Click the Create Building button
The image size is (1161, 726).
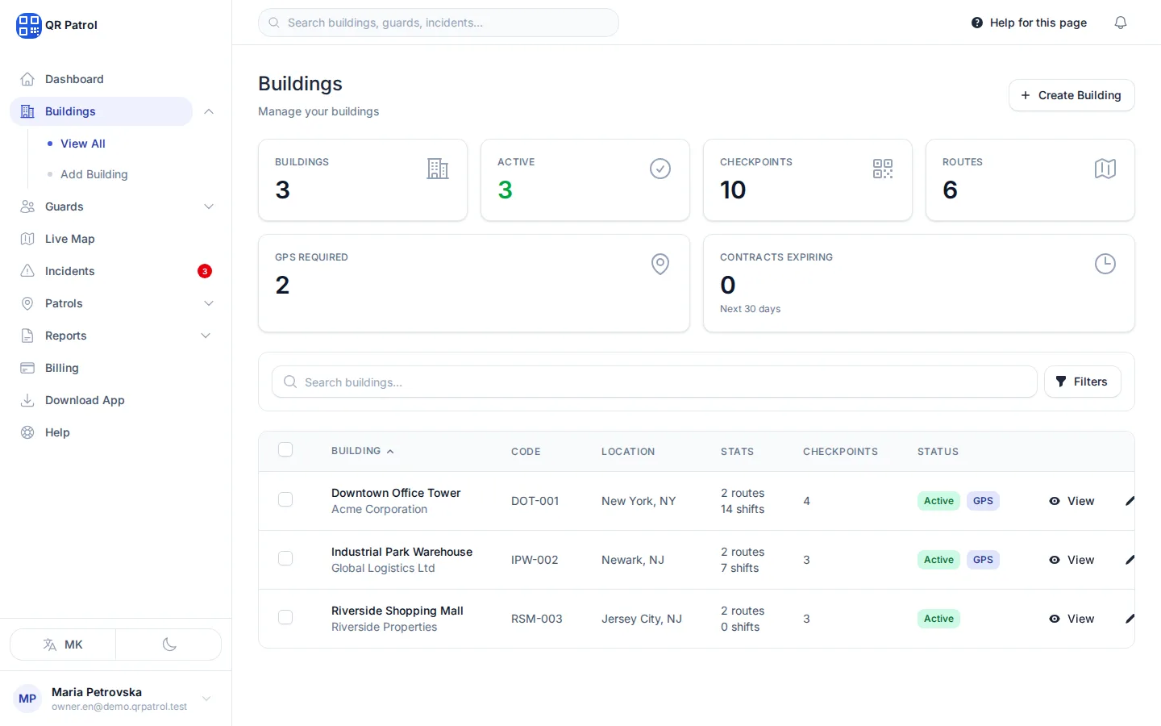click(1072, 95)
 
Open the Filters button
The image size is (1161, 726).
click(1082, 382)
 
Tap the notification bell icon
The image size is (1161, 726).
click(1120, 23)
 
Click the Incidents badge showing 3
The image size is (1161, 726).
click(205, 271)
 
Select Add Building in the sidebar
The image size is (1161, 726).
click(94, 174)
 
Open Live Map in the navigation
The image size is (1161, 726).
click(70, 239)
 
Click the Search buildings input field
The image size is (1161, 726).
click(654, 382)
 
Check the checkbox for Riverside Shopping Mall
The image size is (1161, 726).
click(285, 617)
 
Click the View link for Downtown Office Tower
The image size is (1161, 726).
click(1072, 501)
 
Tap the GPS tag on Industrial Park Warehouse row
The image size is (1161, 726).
click(983, 560)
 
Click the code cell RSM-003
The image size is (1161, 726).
click(536, 619)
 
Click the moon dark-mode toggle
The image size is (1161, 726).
click(169, 645)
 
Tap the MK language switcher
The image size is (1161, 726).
click(63, 645)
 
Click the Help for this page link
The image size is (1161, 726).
click(1029, 23)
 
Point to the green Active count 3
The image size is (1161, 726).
click(505, 190)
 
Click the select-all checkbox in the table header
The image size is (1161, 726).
click(285, 449)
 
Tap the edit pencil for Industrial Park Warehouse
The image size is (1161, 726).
click(1130, 560)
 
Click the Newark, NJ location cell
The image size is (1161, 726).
click(632, 560)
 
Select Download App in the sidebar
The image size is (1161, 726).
click(85, 400)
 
